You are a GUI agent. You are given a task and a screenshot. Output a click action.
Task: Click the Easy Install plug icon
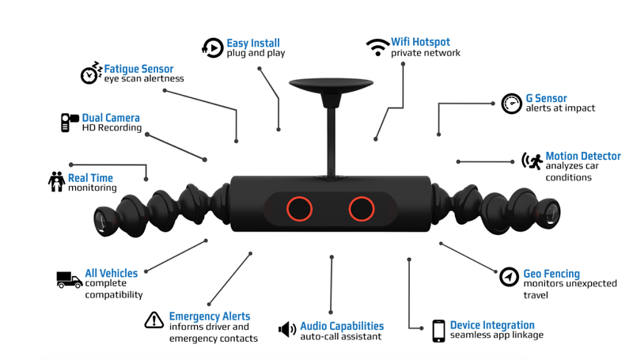click(x=212, y=47)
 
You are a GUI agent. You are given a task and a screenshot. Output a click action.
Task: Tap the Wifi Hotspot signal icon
click(x=377, y=47)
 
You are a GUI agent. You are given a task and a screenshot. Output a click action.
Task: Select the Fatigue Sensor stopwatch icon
click(x=91, y=73)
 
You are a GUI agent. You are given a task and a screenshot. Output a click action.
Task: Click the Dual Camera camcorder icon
click(x=70, y=123)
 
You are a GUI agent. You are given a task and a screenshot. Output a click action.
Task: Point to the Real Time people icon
click(x=56, y=182)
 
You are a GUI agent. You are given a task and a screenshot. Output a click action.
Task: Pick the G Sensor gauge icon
click(x=512, y=104)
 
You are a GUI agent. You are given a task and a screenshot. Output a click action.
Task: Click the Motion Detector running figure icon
click(x=532, y=161)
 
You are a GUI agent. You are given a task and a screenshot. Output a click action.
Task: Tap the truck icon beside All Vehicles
click(x=69, y=279)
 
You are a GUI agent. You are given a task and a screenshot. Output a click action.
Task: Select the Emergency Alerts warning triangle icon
click(x=154, y=320)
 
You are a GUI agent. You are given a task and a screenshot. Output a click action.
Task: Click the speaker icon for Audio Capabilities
click(x=287, y=329)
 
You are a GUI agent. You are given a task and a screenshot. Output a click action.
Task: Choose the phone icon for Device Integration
click(x=438, y=331)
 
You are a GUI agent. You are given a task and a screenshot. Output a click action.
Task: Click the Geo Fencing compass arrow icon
click(x=510, y=277)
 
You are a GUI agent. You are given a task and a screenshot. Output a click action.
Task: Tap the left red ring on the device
click(x=299, y=209)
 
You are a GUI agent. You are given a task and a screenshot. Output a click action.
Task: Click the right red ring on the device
click(x=362, y=209)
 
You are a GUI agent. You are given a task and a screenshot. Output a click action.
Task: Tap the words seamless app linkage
click(x=496, y=335)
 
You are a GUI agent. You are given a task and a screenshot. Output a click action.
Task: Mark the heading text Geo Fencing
click(x=551, y=274)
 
